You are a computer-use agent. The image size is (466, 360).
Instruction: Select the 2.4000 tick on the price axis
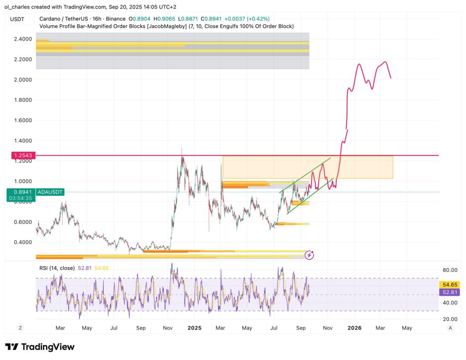point(22,39)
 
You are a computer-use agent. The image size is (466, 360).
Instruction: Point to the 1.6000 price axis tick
point(22,121)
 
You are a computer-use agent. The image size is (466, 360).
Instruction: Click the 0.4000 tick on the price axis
point(22,242)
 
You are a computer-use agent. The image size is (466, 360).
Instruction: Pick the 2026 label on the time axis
point(354,327)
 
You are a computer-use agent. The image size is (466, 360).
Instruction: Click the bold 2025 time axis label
point(194,327)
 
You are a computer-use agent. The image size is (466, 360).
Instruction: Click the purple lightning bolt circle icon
point(309,255)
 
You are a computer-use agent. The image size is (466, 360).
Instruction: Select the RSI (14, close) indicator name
point(57,268)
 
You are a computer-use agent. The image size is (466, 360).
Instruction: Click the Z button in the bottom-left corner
point(20,327)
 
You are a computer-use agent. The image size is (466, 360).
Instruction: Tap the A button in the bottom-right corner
point(450,327)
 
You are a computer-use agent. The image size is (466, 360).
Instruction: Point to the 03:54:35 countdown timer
point(20,198)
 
